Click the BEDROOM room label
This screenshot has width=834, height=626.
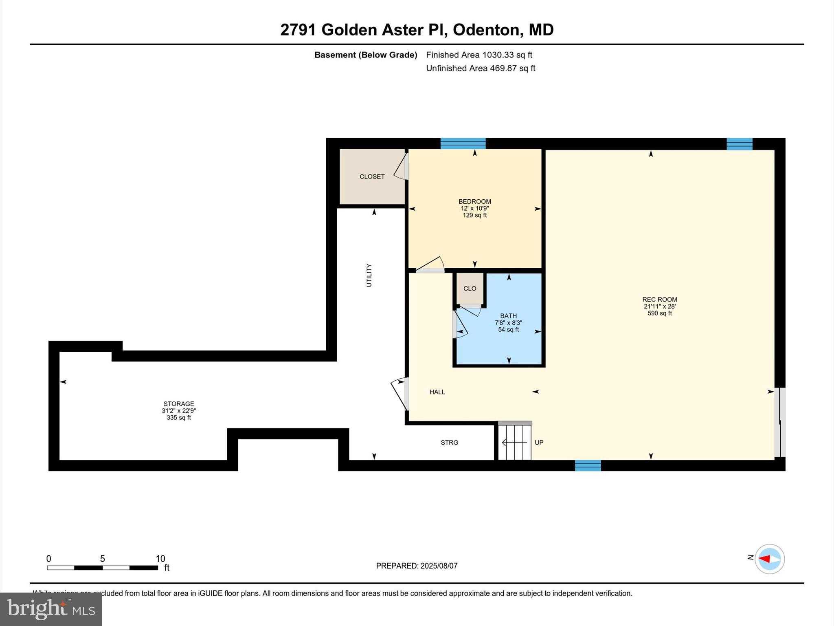[475, 201]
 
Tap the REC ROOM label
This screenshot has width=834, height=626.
[660, 300]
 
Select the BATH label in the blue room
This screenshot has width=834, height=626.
[508, 316]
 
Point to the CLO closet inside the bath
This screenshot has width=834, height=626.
[470, 289]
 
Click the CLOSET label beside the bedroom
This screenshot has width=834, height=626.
[372, 176]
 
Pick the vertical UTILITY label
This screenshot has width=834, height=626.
[369, 275]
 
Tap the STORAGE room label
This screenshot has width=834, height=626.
[179, 404]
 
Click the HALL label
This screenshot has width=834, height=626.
[437, 392]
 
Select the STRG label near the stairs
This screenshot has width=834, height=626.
[449, 443]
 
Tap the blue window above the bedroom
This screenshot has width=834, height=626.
[463, 143]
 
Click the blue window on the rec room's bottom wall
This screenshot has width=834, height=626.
[588, 465]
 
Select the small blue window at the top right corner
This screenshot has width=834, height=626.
[740, 144]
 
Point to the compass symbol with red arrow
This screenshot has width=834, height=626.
[769, 559]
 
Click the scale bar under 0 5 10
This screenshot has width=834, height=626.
[102, 568]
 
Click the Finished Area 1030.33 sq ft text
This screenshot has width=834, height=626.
[479, 55]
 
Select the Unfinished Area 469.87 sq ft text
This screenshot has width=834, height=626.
[481, 68]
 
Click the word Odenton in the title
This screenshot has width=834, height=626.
[486, 30]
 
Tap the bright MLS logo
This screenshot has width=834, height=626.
[51, 609]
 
